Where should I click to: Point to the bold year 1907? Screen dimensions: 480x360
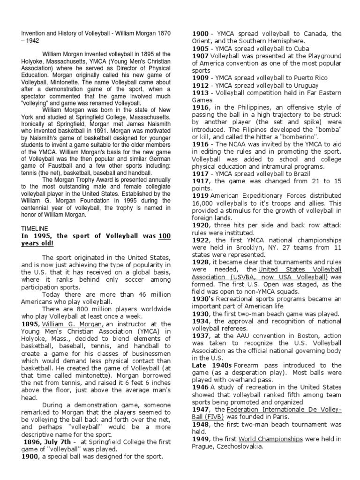click(200, 56)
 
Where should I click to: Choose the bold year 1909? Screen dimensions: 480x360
click(200, 78)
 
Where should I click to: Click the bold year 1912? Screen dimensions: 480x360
click(200, 85)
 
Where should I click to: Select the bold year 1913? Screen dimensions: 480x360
click(200, 93)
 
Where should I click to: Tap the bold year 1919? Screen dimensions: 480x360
click(200, 195)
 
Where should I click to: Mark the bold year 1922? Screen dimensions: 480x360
click(200, 240)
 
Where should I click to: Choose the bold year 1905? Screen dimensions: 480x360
click(200, 48)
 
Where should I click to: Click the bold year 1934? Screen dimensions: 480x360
click(200, 321)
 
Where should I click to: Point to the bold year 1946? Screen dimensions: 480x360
click(200, 387)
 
